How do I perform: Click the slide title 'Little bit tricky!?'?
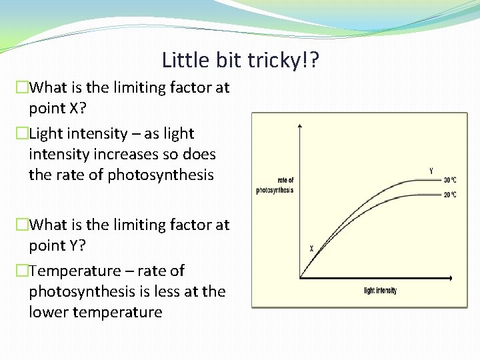coord(241,61)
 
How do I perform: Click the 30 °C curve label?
coord(449,180)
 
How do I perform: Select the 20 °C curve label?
coord(449,195)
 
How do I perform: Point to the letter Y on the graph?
coord(431,171)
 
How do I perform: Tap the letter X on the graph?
coord(311,248)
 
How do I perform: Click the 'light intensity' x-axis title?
coord(380,291)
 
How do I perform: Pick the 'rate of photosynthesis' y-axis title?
coord(275,185)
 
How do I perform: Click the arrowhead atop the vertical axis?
coord(301,125)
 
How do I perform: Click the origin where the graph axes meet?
coord(301,277)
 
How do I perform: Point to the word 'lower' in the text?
coord(47,312)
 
